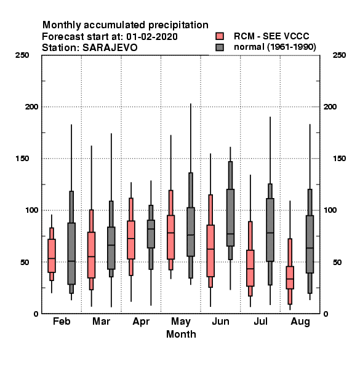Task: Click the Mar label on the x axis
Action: [102, 321]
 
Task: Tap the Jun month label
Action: [220, 321]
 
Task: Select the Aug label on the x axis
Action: [300, 322]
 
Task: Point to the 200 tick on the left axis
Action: [31, 107]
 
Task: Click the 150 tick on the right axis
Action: [339, 159]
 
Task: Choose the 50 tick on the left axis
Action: [25, 262]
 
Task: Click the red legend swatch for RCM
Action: [220, 36]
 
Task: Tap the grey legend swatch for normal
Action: [220, 47]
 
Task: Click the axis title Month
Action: [181, 334]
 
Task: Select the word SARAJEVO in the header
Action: [110, 47]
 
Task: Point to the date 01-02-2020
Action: [152, 36]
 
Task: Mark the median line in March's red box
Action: [91, 256]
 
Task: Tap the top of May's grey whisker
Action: [191, 103]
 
